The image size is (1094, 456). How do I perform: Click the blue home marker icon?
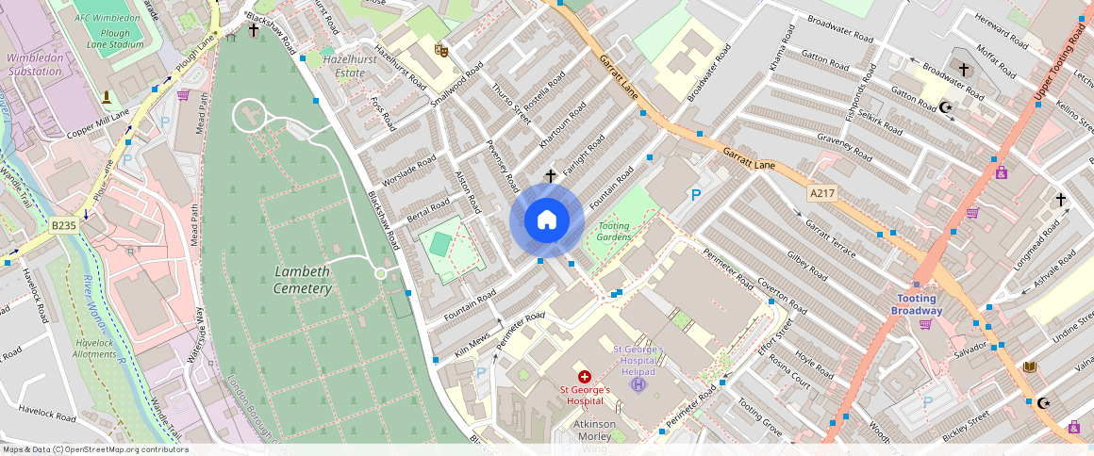[546, 220]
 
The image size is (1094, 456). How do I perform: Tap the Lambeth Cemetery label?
[303, 280]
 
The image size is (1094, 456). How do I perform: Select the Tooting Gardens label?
[614, 232]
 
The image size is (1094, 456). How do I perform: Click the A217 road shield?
[821, 193]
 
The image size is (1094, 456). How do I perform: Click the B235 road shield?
[63, 226]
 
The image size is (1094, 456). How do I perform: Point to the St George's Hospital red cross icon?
[585, 376]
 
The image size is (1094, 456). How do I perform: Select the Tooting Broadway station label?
[918, 304]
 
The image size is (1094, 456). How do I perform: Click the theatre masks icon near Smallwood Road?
[440, 50]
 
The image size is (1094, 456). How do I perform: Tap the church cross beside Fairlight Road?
[551, 175]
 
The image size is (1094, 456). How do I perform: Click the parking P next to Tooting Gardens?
[696, 195]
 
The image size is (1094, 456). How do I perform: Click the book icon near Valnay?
[1029, 366]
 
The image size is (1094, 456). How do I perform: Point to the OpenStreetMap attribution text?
[94, 449]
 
